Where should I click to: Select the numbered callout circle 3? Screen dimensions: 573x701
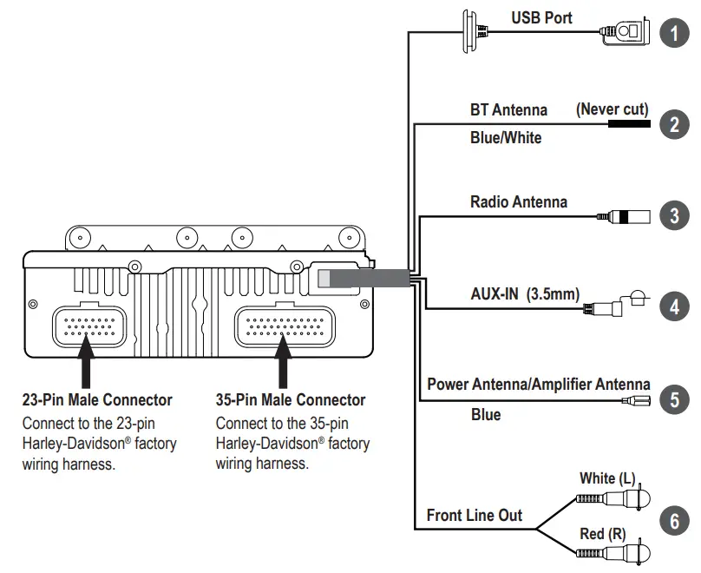[674, 215]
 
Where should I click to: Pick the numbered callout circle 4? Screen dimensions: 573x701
[674, 306]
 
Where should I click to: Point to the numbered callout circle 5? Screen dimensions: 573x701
[674, 399]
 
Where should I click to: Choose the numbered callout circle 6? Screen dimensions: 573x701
[674, 521]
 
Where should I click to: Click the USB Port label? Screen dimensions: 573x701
[541, 17]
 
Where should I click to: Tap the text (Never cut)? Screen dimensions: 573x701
[613, 109]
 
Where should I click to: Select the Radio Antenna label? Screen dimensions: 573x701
[518, 201]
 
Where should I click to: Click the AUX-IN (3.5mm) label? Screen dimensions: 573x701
[524, 293]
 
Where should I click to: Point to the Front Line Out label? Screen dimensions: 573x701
[474, 515]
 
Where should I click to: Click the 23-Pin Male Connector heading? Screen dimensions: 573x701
[96, 400]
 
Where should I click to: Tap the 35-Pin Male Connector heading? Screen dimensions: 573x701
[290, 400]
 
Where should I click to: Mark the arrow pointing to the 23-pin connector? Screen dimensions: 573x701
[86, 366]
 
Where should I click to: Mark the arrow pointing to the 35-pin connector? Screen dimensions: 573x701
[281, 366]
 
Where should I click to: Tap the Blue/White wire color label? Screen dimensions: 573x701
[506, 137]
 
